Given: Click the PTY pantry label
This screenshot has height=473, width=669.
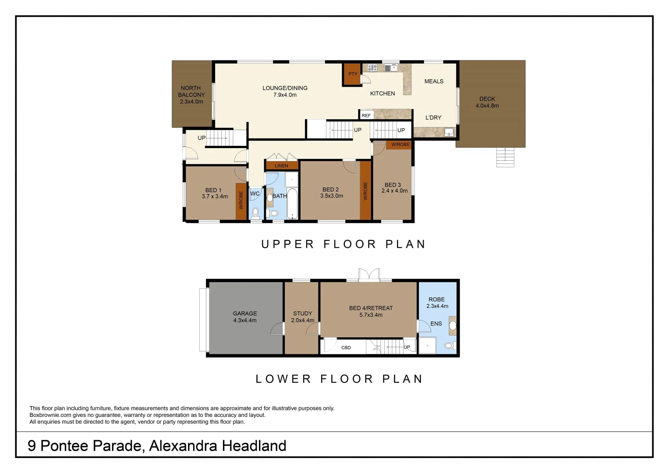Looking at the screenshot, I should pos(353,74).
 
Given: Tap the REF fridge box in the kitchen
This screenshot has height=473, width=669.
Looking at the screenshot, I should pos(366,116).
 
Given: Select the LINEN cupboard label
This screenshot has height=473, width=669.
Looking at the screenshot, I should pos(281,166).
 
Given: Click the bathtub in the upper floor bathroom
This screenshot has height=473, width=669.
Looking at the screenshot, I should pos(292,204).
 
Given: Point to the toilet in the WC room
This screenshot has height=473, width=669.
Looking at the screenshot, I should pos(255,213).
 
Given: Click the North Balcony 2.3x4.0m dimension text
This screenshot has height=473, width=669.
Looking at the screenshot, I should pos(191,102).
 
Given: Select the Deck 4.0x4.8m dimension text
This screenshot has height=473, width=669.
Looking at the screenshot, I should pos(487,106).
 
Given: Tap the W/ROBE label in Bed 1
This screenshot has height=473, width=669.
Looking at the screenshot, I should pos(241,200).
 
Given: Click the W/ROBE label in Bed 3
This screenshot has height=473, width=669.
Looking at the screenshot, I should pos(400,145).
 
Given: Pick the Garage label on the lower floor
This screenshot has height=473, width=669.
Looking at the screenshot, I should pos(245,314).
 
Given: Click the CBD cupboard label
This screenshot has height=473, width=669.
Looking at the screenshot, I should pos(346,348).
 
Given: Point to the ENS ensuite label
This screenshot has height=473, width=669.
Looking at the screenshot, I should pos(436,324).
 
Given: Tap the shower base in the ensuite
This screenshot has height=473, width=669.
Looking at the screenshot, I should pos(427,346).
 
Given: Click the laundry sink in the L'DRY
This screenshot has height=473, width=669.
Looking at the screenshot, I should pos(449,132).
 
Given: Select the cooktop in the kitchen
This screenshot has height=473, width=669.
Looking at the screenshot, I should pos(372,67).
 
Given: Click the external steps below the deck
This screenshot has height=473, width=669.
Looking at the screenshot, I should pos(505,158).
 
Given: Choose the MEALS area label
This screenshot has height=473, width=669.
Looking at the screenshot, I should pos(434,81).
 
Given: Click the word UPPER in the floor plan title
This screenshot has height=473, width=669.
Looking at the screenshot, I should pos(287,244).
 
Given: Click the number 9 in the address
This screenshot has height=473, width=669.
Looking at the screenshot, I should pos(32,446).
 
